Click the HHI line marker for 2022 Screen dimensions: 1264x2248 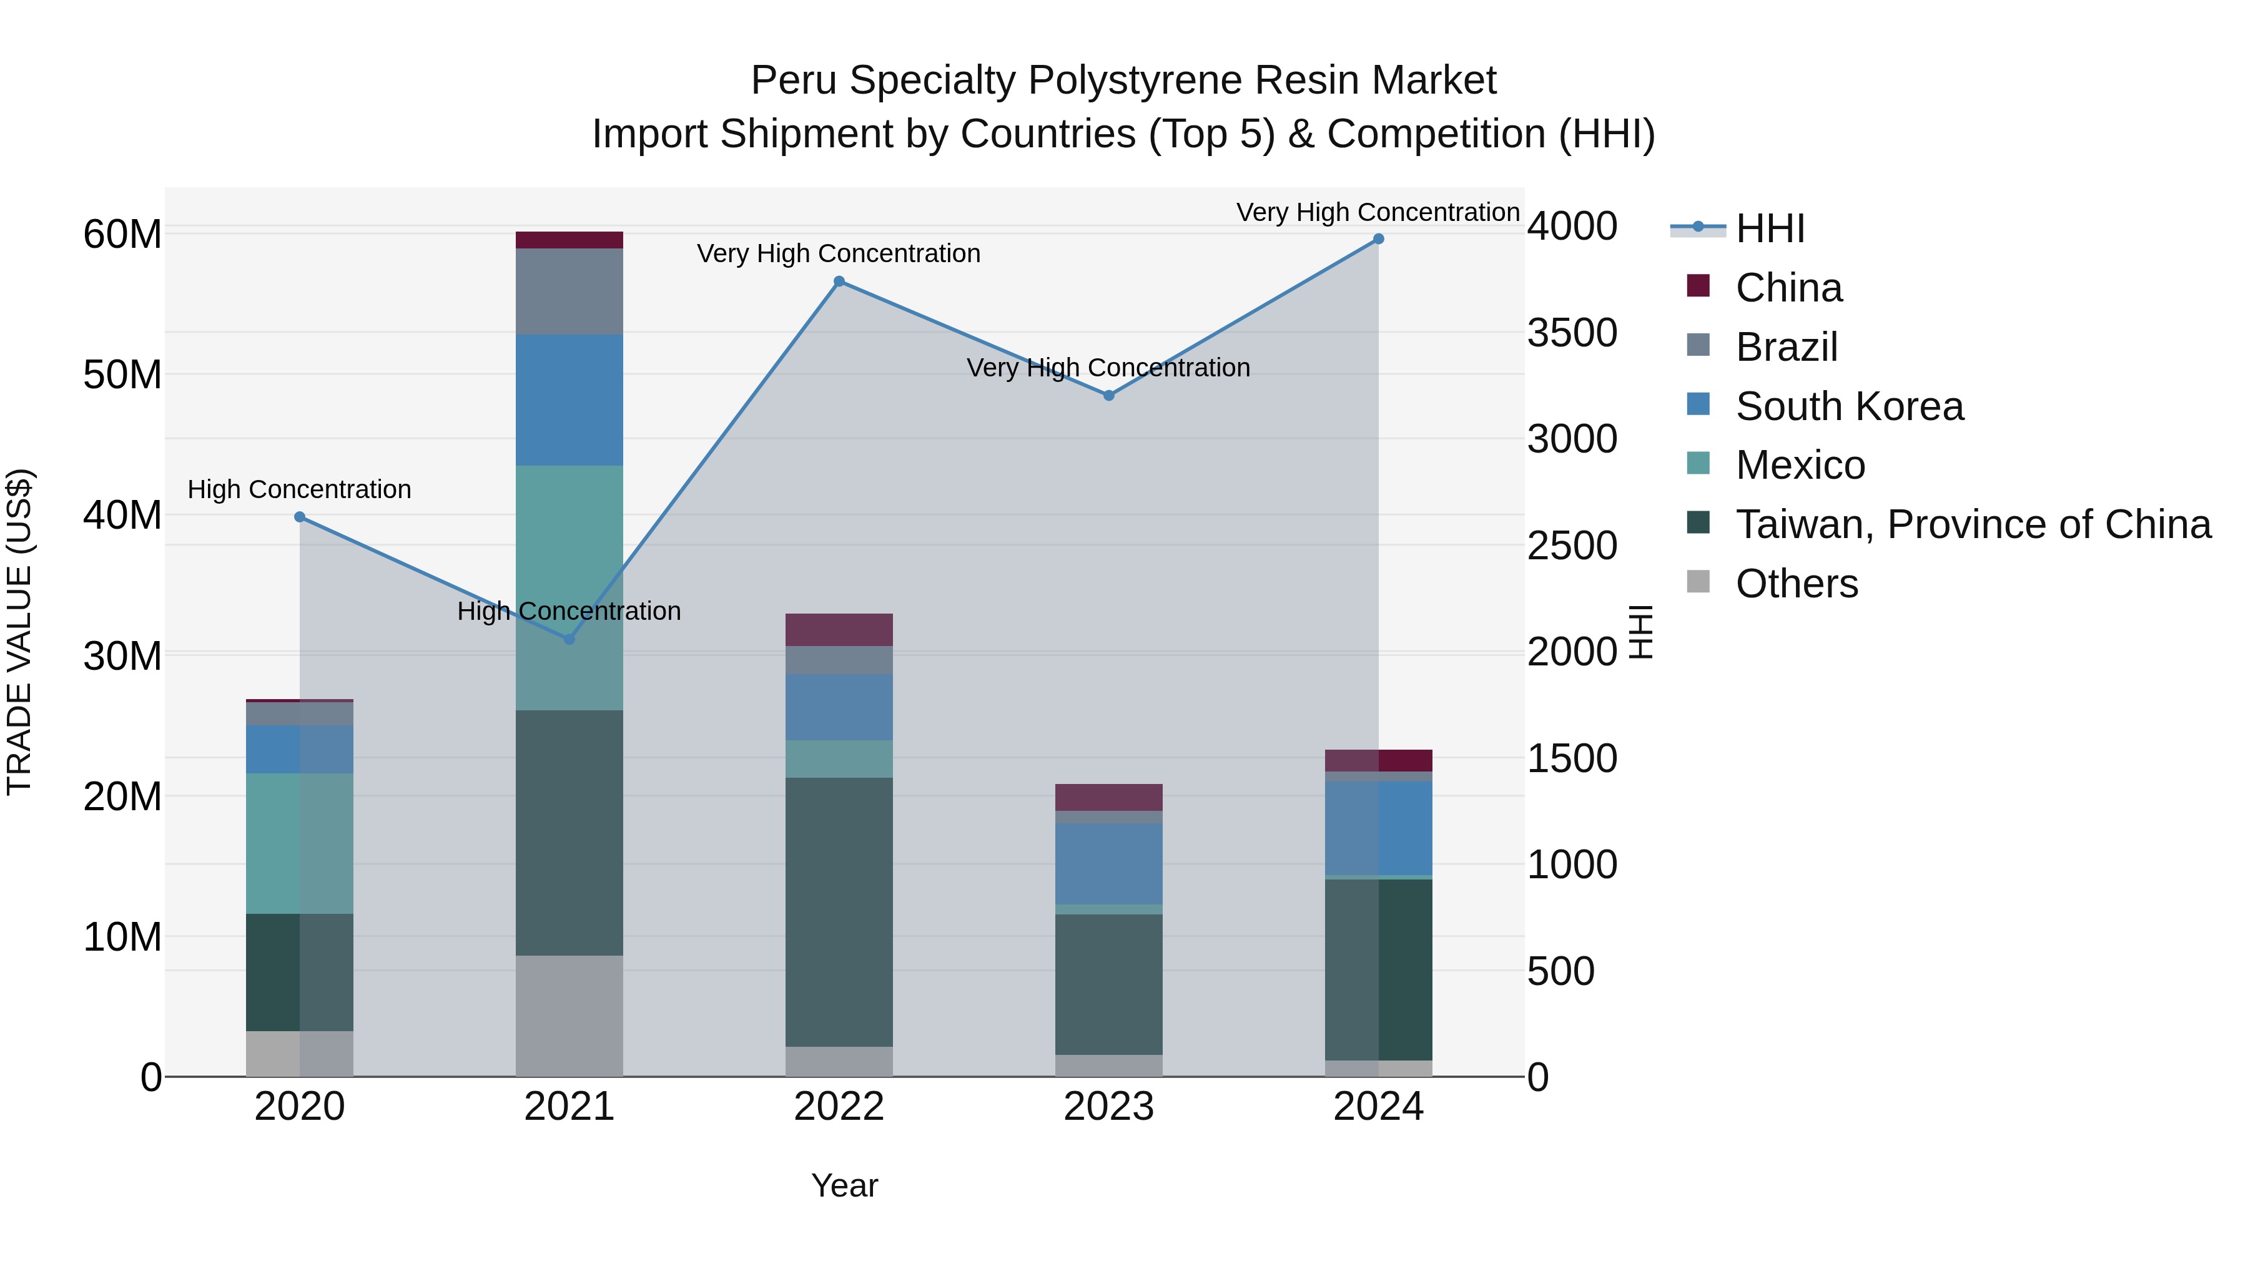(x=839, y=282)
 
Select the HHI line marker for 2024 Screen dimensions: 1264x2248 (x=1378, y=239)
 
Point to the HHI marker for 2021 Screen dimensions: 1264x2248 (x=569, y=639)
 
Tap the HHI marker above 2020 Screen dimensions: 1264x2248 (x=299, y=517)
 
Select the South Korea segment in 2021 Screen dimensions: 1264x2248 (x=569, y=399)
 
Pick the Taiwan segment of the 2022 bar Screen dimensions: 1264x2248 (x=839, y=911)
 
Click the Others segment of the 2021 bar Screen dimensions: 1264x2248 (x=569, y=1016)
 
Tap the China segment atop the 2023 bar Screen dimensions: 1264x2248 (x=1108, y=797)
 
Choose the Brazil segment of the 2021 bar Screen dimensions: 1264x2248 (x=569, y=292)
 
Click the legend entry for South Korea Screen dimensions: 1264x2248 (x=1848, y=406)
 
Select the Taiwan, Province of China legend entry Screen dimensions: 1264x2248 (x=1972, y=524)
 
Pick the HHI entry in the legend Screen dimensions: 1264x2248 (x=1769, y=228)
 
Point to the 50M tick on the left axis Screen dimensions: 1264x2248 (x=122, y=375)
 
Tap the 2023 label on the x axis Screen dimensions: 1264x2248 (x=1108, y=1107)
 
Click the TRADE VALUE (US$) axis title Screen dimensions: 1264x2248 (x=19, y=632)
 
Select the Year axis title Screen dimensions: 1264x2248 (x=844, y=1185)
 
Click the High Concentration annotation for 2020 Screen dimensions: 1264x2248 (x=299, y=489)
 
